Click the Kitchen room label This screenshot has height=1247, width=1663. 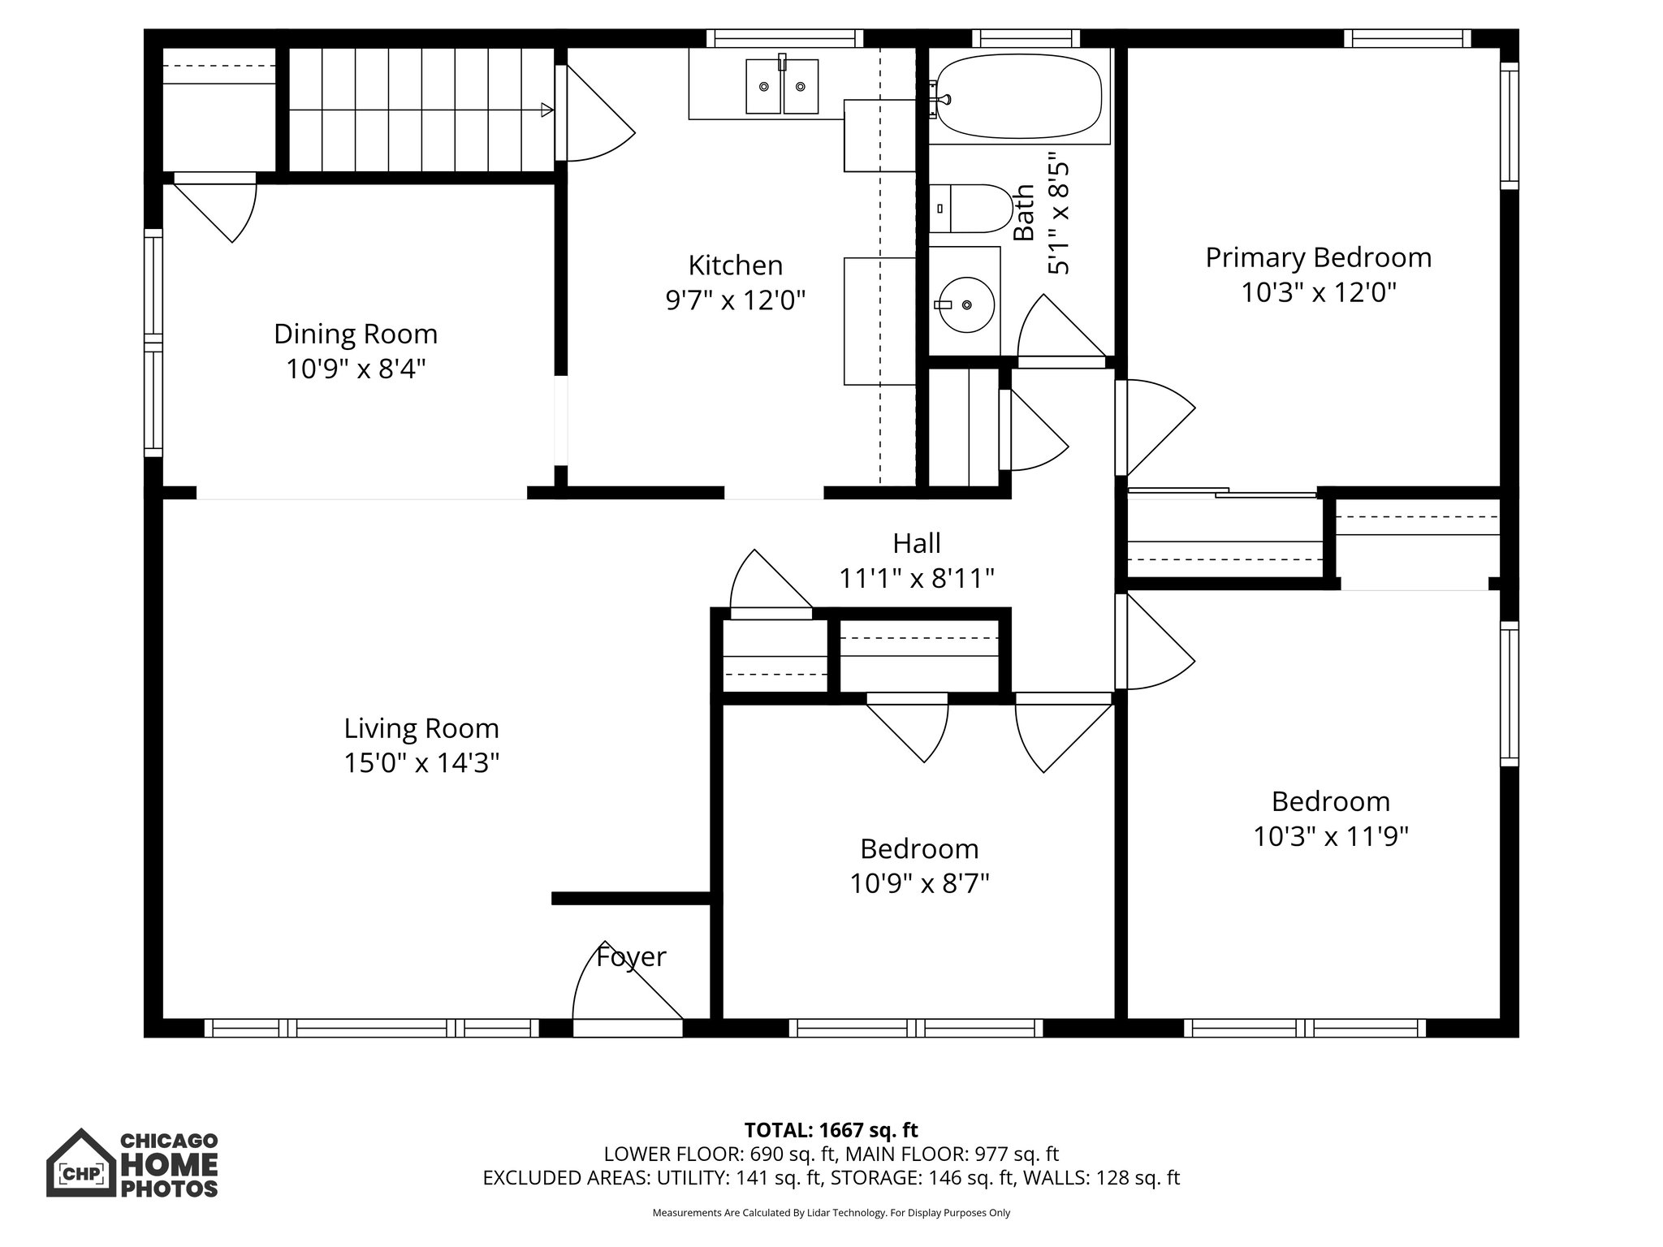pyautogui.click(x=735, y=265)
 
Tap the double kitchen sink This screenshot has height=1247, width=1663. pyautogui.click(x=781, y=87)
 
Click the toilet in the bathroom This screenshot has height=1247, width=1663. pyautogui.click(x=970, y=209)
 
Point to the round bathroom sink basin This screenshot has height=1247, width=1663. pyautogui.click(x=965, y=304)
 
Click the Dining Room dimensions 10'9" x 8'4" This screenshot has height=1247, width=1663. pyautogui.click(x=356, y=369)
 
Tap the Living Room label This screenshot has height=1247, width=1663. pyautogui.click(x=421, y=728)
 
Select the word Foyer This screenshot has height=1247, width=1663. pyautogui.click(x=631, y=957)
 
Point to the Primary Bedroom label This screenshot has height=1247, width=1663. pyautogui.click(x=1318, y=257)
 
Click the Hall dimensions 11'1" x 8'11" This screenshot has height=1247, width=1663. pyautogui.click(x=916, y=579)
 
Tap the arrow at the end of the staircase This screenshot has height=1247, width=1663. pyautogui.click(x=547, y=110)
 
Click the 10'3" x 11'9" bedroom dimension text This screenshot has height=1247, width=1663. pyautogui.click(x=1330, y=836)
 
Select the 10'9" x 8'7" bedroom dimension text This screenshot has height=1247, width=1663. pyautogui.click(x=919, y=883)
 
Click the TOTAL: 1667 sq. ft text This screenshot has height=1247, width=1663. pyautogui.click(x=831, y=1130)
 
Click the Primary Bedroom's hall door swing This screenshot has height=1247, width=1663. pyautogui.click(x=1153, y=426)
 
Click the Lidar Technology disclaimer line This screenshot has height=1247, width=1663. pyautogui.click(x=831, y=1213)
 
